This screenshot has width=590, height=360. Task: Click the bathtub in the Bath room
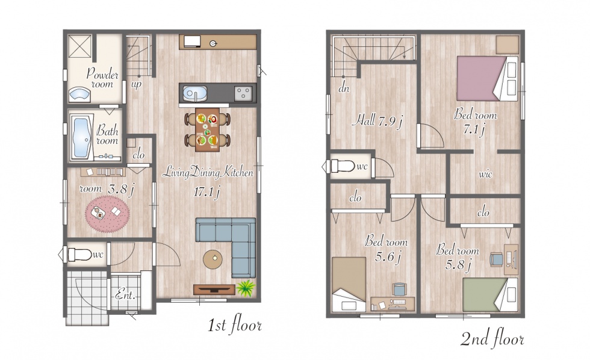[81, 137]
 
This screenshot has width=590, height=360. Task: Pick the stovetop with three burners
[243, 93]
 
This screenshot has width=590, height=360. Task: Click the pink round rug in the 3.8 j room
[107, 214]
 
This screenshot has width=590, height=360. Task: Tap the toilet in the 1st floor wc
[79, 254]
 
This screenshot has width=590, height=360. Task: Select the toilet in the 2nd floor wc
[343, 166]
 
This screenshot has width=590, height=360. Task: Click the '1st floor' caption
[235, 324]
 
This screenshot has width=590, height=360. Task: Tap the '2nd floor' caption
[492, 339]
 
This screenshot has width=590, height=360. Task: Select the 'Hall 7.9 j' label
[378, 121]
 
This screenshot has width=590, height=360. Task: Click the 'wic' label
[485, 174]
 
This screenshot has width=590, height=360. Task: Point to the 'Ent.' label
[125, 294]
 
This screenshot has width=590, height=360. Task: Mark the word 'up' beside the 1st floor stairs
[136, 84]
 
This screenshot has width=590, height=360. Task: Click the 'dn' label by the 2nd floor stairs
[344, 88]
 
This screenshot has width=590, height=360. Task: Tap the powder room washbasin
[79, 95]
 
